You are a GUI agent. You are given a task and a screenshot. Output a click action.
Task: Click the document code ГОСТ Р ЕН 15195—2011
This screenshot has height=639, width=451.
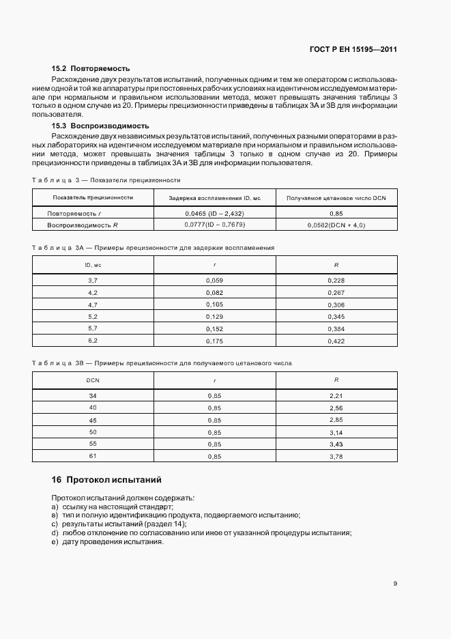click(x=355, y=50)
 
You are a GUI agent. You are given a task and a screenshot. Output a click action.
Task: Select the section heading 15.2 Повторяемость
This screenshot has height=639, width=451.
click(x=91, y=69)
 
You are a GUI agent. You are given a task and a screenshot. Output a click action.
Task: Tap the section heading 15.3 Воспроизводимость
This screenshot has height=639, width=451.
click(x=100, y=126)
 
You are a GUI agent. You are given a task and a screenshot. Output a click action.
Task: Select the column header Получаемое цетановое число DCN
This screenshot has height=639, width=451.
click(x=336, y=197)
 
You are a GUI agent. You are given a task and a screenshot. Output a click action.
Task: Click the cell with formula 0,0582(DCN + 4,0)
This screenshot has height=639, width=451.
click(x=336, y=225)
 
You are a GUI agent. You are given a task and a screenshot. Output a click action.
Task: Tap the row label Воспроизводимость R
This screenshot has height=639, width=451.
click(x=83, y=225)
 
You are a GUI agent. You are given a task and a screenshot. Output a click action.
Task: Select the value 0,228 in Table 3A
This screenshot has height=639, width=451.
click(x=336, y=280)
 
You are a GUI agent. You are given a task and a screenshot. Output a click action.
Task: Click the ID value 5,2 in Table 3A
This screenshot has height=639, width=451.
click(x=93, y=317)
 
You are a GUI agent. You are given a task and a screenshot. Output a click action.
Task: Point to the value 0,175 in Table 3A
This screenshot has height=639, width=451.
click(x=215, y=341)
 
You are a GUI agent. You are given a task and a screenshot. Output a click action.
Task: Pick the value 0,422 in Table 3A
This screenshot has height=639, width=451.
click(x=336, y=341)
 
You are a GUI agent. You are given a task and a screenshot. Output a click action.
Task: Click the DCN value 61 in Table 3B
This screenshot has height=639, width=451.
click(x=93, y=456)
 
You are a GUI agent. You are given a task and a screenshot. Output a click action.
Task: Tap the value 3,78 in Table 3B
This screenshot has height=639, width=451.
click(x=336, y=456)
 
